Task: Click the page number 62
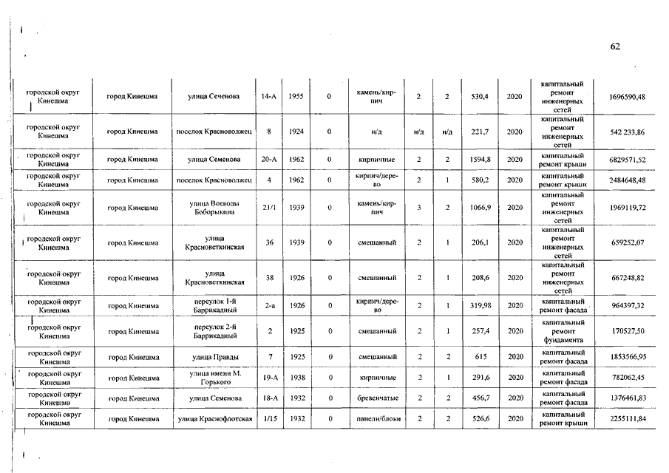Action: (x=615, y=47)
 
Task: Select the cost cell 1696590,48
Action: (x=627, y=97)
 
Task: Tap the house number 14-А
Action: (x=269, y=97)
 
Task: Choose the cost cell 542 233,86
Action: (x=627, y=132)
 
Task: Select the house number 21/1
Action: (x=269, y=208)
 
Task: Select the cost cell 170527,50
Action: (x=627, y=330)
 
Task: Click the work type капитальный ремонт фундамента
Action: (x=563, y=330)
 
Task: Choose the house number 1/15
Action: (x=269, y=419)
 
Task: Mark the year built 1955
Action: (x=296, y=97)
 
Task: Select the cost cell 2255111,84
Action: (x=627, y=419)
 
